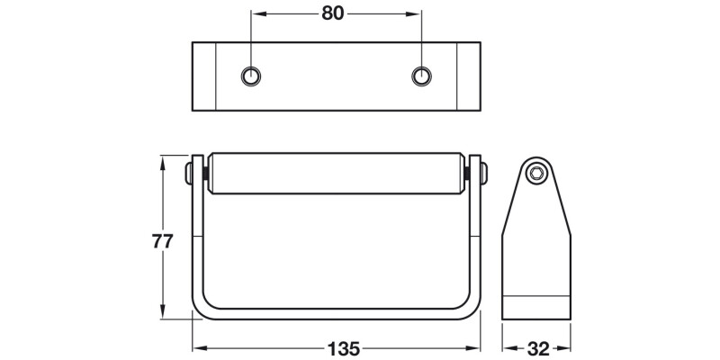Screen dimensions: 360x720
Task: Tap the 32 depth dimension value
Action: click(x=537, y=346)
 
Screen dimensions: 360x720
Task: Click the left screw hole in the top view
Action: click(x=251, y=76)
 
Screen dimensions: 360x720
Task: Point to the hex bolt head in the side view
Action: click(x=537, y=174)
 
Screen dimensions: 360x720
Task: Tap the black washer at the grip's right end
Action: click(x=469, y=173)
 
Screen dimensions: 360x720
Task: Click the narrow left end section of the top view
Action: click(x=203, y=76)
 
